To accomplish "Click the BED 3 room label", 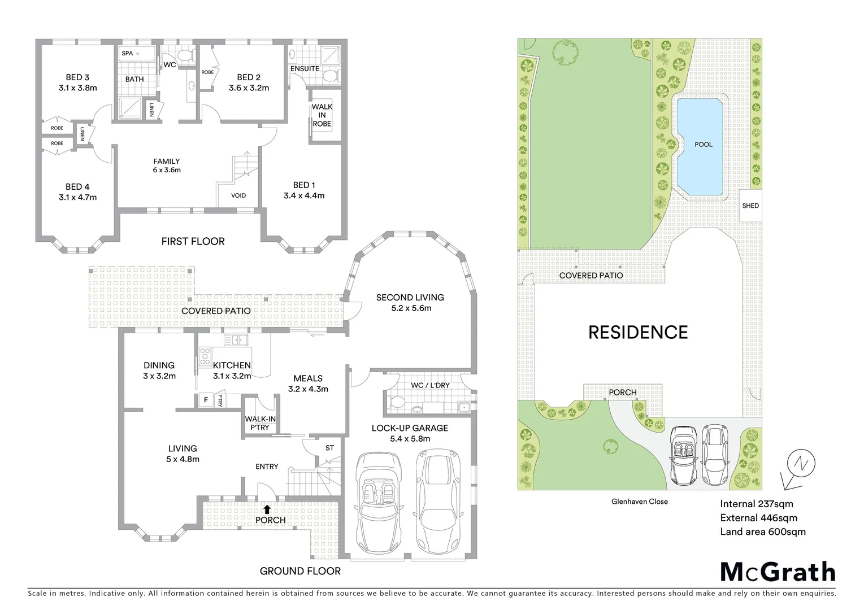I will pyautogui.click(x=77, y=77).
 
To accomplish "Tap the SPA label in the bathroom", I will pyautogui.click(x=127, y=54).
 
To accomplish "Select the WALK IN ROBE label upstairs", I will pyautogui.click(x=322, y=115).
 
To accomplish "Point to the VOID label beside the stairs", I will pyautogui.click(x=238, y=196).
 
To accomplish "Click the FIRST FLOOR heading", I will pyautogui.click(x=193, y=242).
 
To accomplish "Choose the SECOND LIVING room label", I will pyautogui.click(x=410, y=298).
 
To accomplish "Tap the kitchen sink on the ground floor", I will pyautogui.click(x=236, y=340).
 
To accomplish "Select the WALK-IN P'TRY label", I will pyautogui.click(x=260, y=423).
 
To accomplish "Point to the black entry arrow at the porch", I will pyautogui.click(x=267, y=509).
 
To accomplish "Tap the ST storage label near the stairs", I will pyautogui.click(x=329, y=448).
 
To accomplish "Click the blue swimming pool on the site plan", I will pyautogui.click(x=700, y=147).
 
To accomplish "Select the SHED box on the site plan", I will pyautogui.click(x=750, y=206).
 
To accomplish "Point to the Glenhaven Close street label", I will pyautogui.click(x=639, y=502).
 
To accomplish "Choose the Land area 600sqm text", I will pyautogui.click(x=762, y=531).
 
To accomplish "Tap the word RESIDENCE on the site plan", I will pyautogui.click(x=638, y=333).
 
